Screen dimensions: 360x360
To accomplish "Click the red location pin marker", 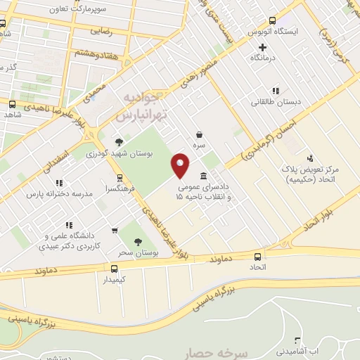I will click(x=181, y=165).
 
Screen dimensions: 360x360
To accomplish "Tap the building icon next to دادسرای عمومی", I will click(x=203, y=176).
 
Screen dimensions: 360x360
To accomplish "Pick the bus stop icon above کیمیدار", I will click(x=115, y=268).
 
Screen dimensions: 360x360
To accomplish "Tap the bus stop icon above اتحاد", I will click(x=257, y=257).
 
